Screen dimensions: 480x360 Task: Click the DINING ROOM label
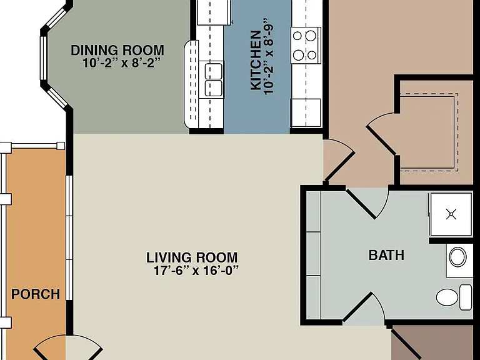pos(117,51)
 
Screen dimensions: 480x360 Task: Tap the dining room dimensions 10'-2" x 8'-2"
pos(121,63)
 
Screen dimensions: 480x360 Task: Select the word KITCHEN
pos(256,60)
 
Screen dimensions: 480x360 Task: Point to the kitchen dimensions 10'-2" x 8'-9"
pos(268,57)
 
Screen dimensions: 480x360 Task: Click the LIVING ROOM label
pos(192,257)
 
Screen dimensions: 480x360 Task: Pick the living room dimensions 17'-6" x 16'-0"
pos(196,271)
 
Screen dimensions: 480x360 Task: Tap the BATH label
pos(386,255)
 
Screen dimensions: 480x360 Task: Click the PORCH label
pos(36,294)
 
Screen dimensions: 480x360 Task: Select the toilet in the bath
pos(454,297)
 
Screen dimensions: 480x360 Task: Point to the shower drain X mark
pos(451,214)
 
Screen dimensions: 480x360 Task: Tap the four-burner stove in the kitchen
pos(306,45)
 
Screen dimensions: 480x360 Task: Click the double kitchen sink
pos(214,79)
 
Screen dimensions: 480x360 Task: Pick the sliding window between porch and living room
pos(69,237)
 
